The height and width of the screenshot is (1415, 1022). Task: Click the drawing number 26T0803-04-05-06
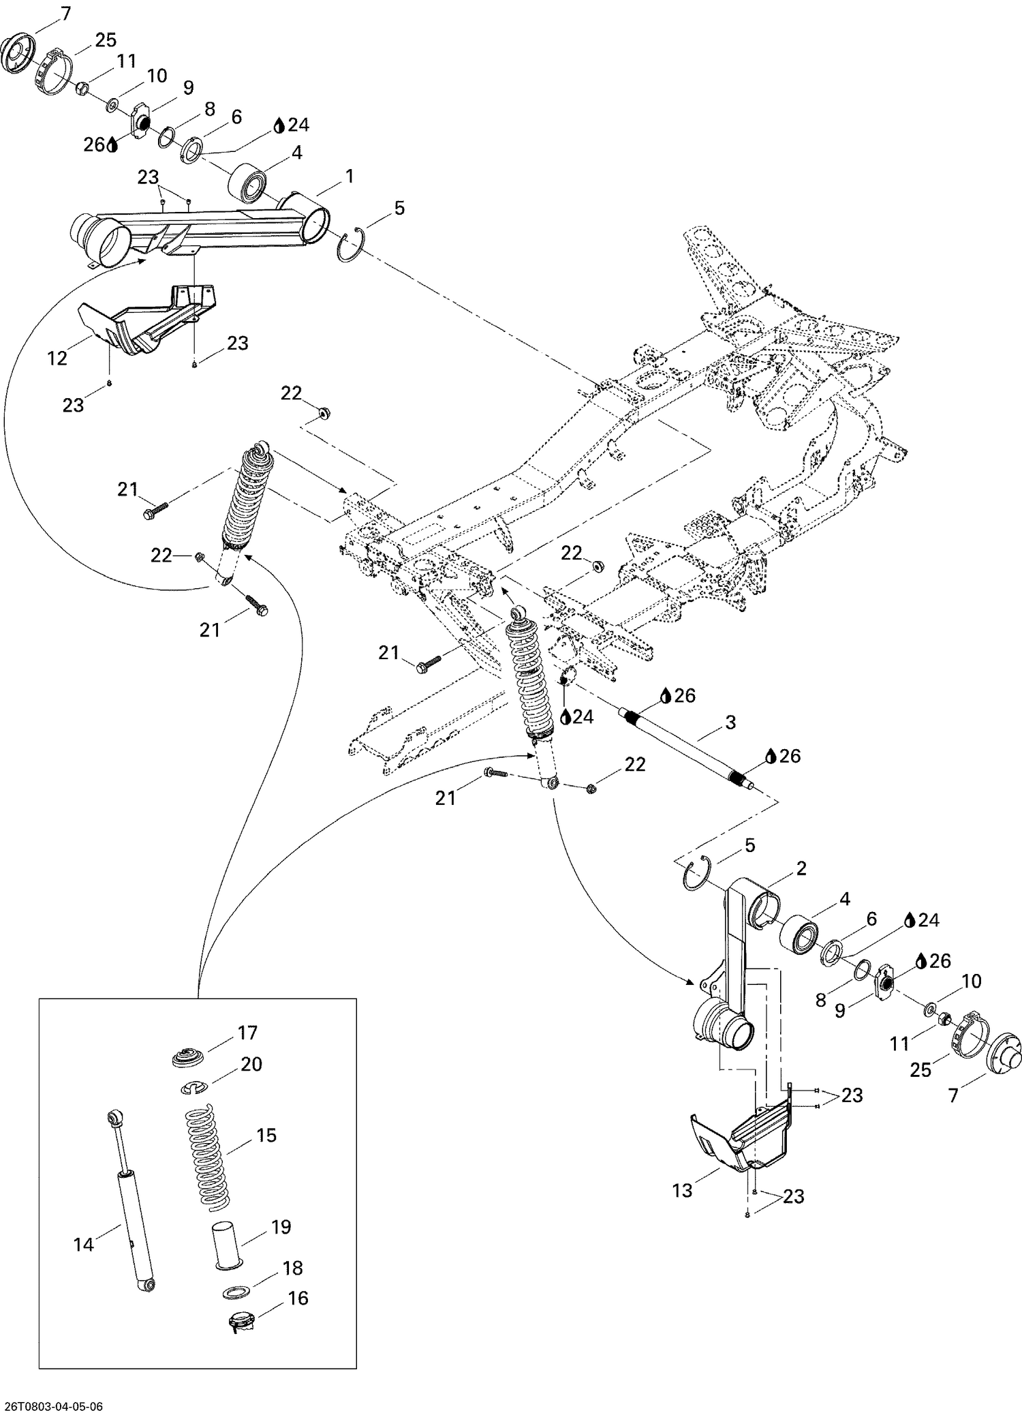pos(55,1405)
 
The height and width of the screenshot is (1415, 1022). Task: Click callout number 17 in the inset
pos(247,1033)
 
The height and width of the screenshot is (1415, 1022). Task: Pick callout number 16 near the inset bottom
pos(298,1298)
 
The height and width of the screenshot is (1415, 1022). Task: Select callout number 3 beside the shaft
pos(730,722)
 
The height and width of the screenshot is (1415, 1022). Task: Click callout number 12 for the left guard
pos(57,358)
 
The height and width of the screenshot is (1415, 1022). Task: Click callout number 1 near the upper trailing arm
pos(350,177)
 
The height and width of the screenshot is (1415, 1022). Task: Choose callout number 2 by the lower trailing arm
pos(801,868)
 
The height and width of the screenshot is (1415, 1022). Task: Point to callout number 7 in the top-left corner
pos(65,13)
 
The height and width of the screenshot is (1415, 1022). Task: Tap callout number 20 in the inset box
pos(251,1064)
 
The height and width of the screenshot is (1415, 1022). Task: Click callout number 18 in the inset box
pos(292,1268)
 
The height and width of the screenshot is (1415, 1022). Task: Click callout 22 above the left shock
pos(291,393)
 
